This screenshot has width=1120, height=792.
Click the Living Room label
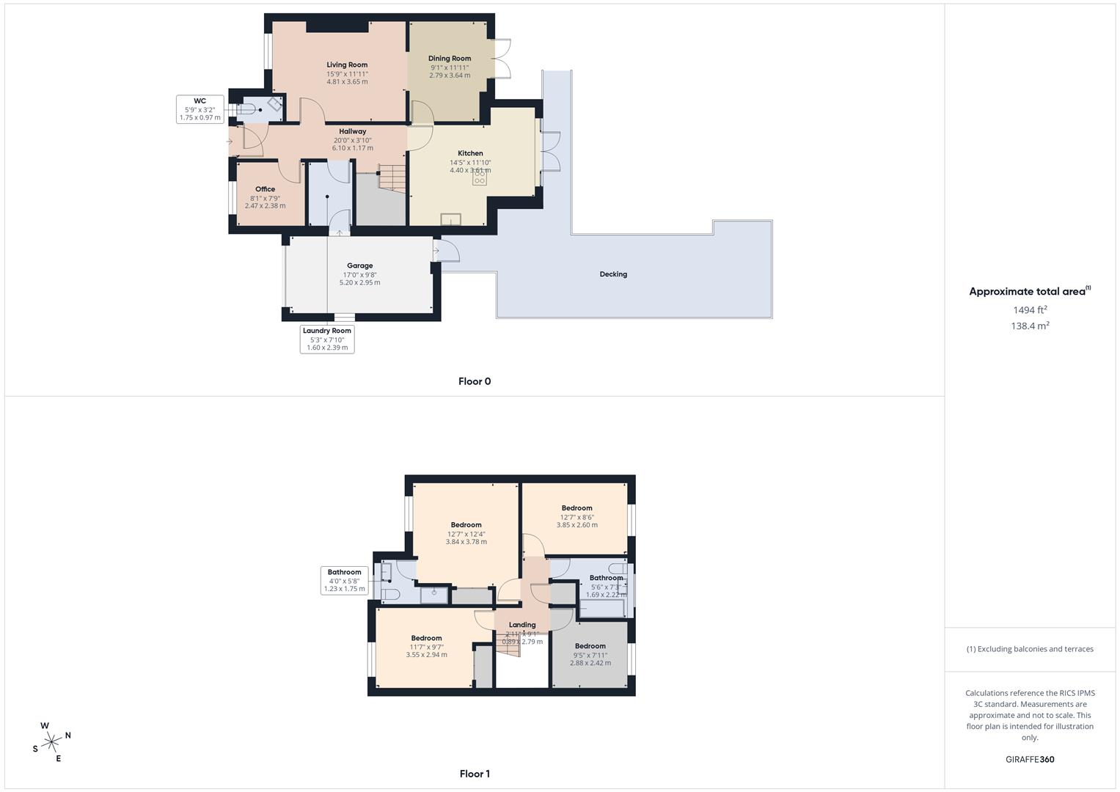[347, 65]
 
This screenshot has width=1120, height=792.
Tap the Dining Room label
[450, 59]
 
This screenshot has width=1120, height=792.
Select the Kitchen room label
[470, 154]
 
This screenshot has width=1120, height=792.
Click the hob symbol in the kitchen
[480, 177]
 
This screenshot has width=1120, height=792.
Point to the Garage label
[359, 266]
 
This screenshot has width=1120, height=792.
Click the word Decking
[613, 274]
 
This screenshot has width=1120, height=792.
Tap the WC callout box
[200, 109]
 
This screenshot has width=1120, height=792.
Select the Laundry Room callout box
[327, 339]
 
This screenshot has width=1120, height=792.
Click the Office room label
[265, 189]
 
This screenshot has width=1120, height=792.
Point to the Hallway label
[352, 132]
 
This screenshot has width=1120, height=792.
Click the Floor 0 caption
[475, 381]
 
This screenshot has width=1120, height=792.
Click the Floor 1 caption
[475, 774]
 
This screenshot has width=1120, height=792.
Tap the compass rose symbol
[51, 742]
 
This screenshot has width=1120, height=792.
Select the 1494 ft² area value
[1030, 310]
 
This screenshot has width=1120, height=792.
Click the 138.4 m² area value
[1030, 326]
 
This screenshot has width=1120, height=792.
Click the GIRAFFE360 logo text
[1030, 760]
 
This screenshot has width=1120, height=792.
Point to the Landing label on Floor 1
[522, 626]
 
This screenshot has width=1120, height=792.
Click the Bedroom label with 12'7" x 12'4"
[466, 525]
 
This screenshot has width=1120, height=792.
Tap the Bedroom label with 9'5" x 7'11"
[590, 647]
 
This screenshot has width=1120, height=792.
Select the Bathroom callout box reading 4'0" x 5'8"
[345, 580]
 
